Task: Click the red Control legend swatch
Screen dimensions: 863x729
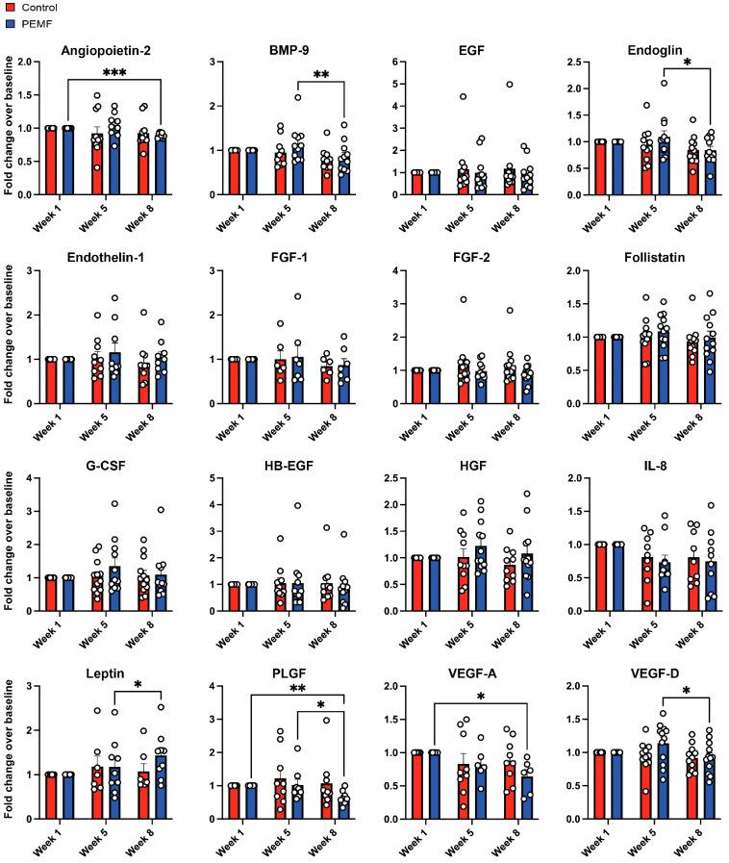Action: pos(7,6)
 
